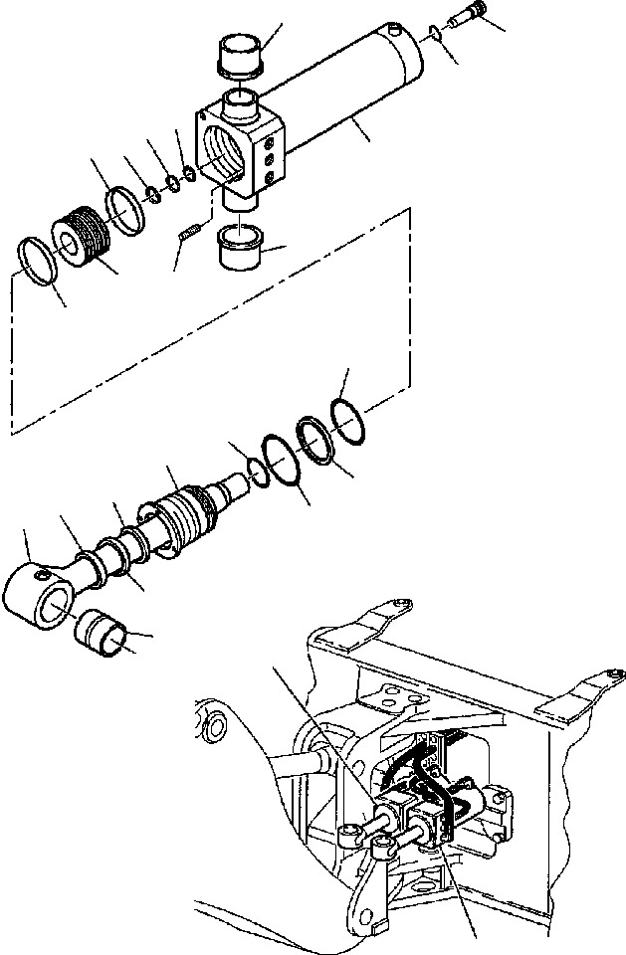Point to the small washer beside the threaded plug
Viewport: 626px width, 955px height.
point(430,36)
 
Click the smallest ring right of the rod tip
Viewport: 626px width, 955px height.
point(257,471)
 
